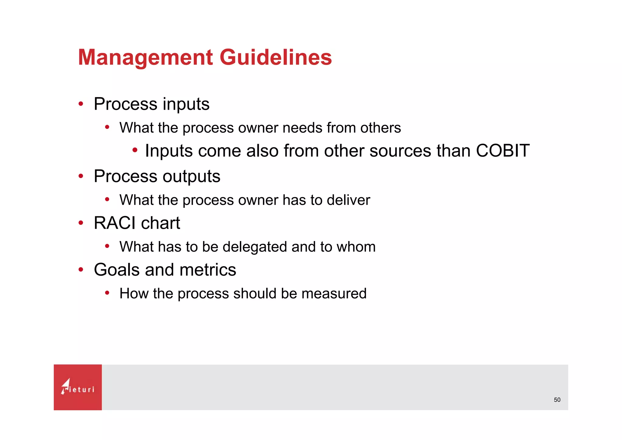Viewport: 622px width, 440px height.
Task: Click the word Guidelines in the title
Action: (x=275, y=57)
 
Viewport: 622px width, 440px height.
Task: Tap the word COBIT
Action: (x=503, y=150)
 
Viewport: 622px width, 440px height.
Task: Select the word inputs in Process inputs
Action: (x=186, y=104)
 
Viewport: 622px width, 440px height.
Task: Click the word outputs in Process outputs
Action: (x=191, y=176)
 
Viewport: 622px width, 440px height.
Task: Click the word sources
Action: (x=400, y=150)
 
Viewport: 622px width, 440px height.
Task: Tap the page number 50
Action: (x=557, y=400)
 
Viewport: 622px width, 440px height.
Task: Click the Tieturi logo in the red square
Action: (x=78, y=387)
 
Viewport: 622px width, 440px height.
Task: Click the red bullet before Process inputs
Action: (x=80, y=104)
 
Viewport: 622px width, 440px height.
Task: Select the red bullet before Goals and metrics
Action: (x=80, y=270)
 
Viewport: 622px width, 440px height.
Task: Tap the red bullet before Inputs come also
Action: (x=135, y=150)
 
